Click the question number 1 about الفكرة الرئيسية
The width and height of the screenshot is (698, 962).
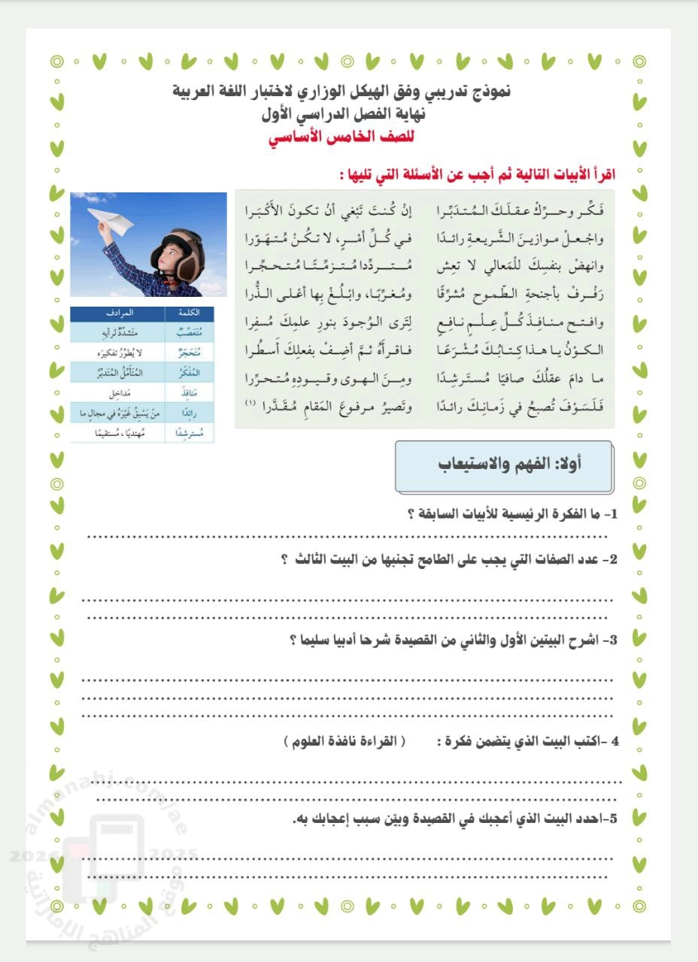[611, 515]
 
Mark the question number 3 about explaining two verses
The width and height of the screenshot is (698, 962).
[611, 640]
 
